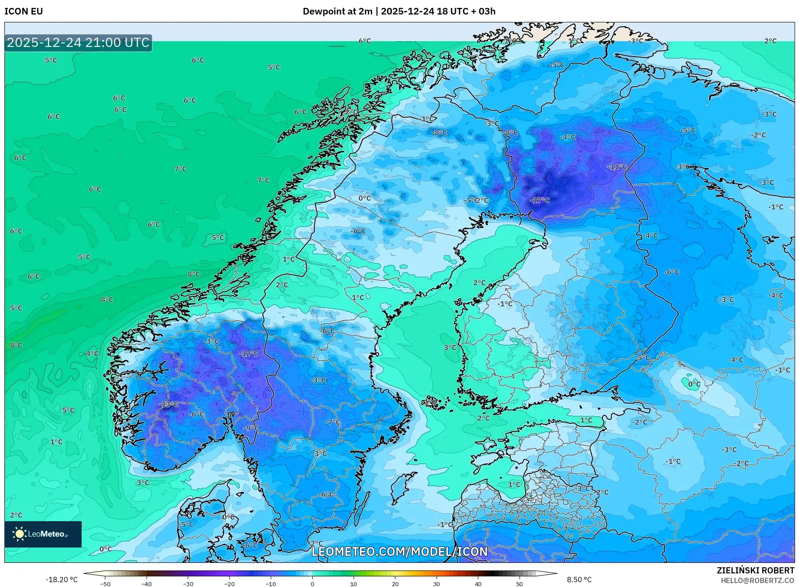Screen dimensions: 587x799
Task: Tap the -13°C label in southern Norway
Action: click(169, 404)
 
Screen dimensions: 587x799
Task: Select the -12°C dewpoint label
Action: click(249, 354)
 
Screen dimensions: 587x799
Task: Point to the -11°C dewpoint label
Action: click(617, 167)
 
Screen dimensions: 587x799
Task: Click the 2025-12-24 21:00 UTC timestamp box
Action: click(78, 43)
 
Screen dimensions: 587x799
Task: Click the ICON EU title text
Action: click(24, 11)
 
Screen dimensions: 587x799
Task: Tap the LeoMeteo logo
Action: click(43, 534)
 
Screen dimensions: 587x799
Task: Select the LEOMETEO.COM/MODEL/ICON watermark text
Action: click(399, 551)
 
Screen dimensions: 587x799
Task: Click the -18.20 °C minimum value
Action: click(61, 580)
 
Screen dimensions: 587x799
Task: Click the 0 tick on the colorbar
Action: click(312, 583)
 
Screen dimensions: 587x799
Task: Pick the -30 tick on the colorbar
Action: click(188, 583)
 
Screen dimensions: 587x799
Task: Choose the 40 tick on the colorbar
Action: click(478, 583)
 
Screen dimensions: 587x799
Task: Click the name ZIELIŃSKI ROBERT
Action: click(755, 570)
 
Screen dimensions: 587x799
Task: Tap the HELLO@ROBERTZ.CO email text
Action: click(757, 580)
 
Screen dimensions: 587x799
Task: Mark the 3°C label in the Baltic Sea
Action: click(450, 347)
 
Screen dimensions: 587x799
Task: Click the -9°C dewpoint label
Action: click(251, 428)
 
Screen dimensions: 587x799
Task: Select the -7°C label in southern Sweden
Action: click(333, 422)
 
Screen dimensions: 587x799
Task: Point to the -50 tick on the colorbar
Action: click(105, 583)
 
